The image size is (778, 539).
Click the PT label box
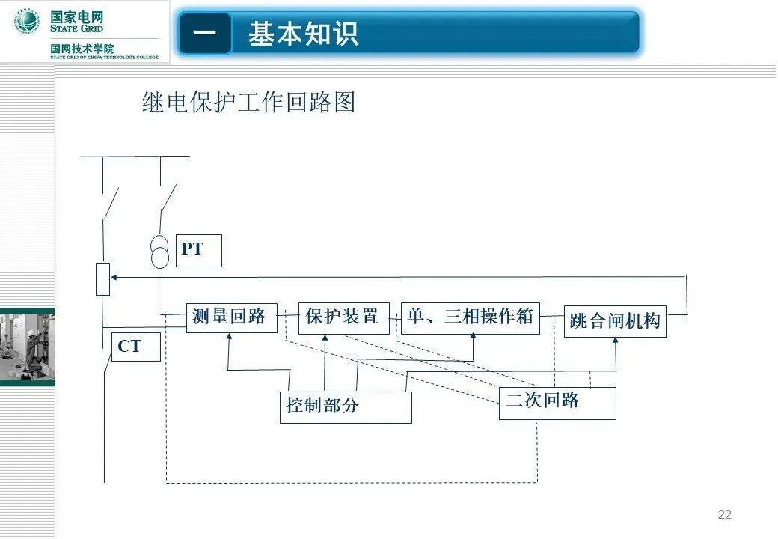200,251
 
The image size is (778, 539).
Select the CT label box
136,347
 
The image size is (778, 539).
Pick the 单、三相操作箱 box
470,317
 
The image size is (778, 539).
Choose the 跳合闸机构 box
615,321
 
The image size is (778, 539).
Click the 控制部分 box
346,406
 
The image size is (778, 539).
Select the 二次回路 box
557,403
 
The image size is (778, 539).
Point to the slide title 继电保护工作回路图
248,102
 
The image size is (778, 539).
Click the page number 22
724,514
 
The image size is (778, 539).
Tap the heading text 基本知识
304,34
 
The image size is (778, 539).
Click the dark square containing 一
205,34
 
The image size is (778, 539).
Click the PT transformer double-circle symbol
159,252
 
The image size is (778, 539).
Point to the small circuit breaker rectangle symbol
103,279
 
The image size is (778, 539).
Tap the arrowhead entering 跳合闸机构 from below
616,341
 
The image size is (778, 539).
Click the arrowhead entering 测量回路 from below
229,337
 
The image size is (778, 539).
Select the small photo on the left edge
27,347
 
